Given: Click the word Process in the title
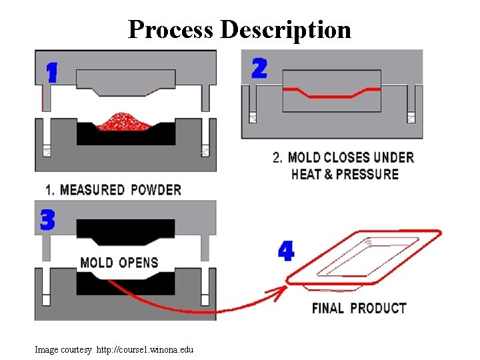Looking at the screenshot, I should point(171,29).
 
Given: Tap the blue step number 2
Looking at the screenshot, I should point(259,69).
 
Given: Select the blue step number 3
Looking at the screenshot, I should point(47,220).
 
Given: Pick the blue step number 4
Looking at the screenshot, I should point(285,251).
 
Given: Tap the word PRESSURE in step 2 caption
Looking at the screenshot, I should point(367,175).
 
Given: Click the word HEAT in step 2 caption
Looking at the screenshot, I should point(306,175).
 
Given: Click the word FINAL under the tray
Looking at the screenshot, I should point(328,308).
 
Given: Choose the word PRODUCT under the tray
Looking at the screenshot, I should point(378,308).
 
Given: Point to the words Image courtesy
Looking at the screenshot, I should point(63,349).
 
